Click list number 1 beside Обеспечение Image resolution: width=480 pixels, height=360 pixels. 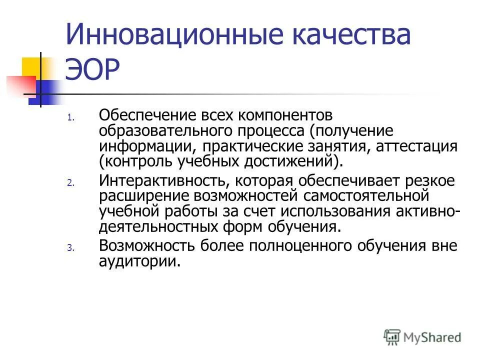point(70,119)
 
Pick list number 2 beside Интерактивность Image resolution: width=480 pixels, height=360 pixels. point(70,183)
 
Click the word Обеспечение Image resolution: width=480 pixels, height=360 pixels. point(148,116)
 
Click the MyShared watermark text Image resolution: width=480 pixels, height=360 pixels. point(432,337)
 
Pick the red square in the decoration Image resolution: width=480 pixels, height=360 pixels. point(20,85)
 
